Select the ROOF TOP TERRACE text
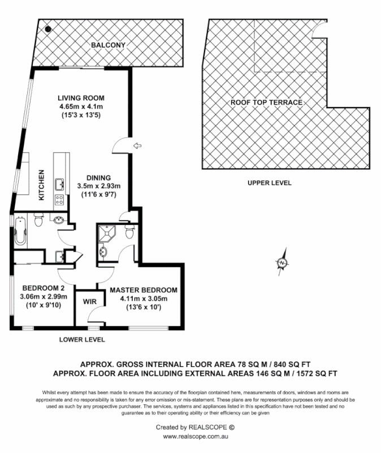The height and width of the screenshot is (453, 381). (266, 102)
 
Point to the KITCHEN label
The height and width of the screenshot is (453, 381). (41, 185)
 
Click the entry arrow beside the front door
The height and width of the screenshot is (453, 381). (136, 147)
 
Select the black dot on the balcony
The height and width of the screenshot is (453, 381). (49, 28)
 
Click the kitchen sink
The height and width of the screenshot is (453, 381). (59, 183)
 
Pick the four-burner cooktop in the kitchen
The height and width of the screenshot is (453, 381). (59, 199)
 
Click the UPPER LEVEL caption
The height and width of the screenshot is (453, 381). (269, 183)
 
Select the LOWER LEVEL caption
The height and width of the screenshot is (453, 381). (82, 340)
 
